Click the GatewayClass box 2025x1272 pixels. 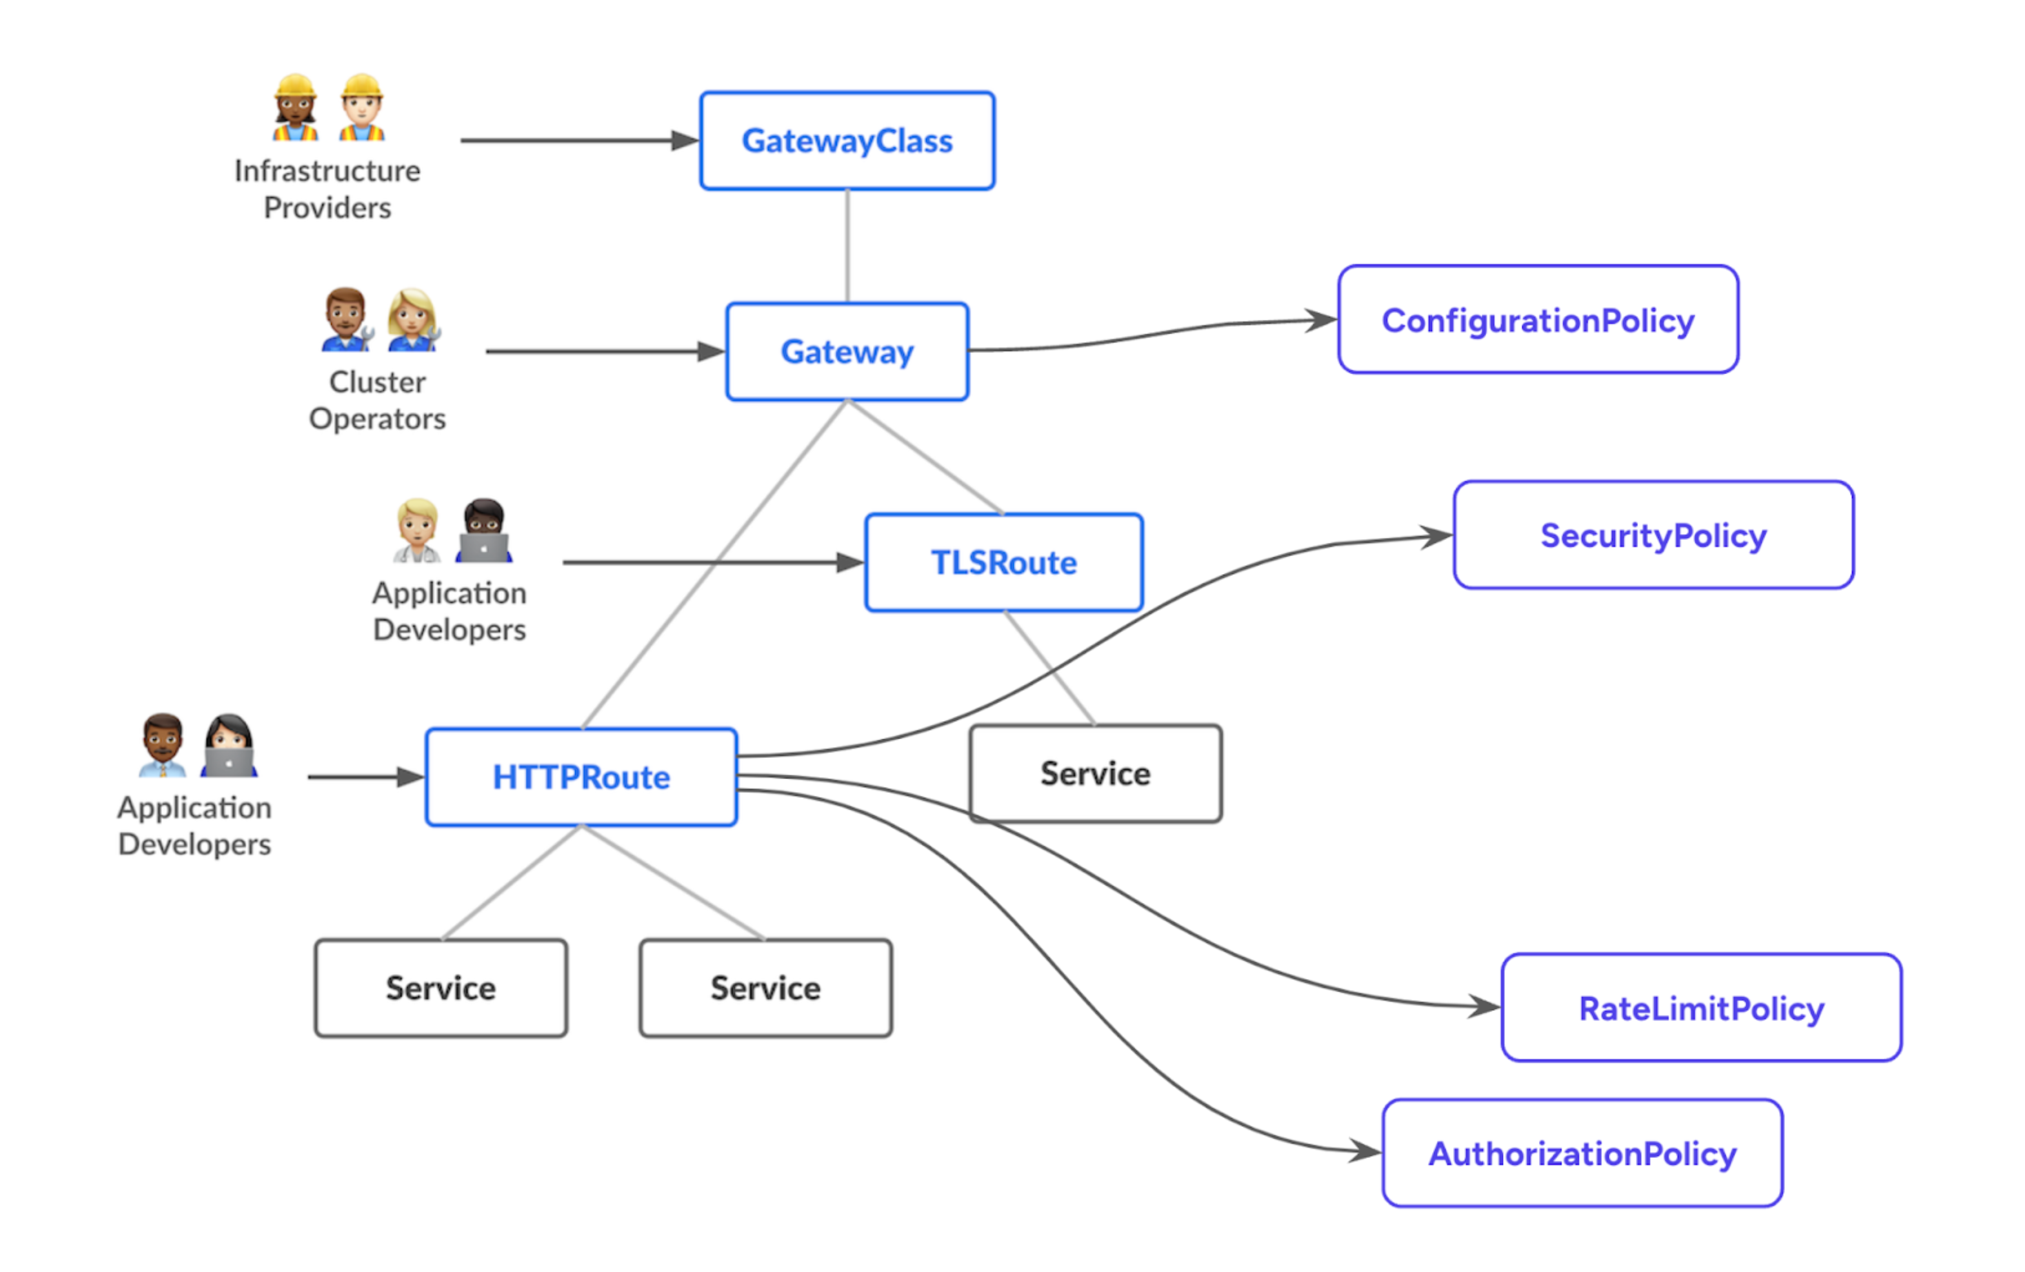point(847,141)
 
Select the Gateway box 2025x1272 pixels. point(847,352)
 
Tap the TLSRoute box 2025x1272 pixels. point(1003,562)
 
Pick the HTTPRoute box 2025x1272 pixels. point(581,777)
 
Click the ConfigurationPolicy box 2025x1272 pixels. point(1537,319)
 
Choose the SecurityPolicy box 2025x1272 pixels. point(1653,535)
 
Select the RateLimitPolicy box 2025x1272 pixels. point(1700,1007)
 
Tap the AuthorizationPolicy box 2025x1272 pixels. point(1582,1153)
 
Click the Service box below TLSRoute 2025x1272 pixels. point(1095,773)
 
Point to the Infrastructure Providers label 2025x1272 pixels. point(327,189)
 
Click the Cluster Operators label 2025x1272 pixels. point(377,400)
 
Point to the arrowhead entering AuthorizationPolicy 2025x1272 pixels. point(1365,1151)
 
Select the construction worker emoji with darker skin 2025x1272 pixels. point(295,108)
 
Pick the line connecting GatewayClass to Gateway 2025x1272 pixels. point(847,246)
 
